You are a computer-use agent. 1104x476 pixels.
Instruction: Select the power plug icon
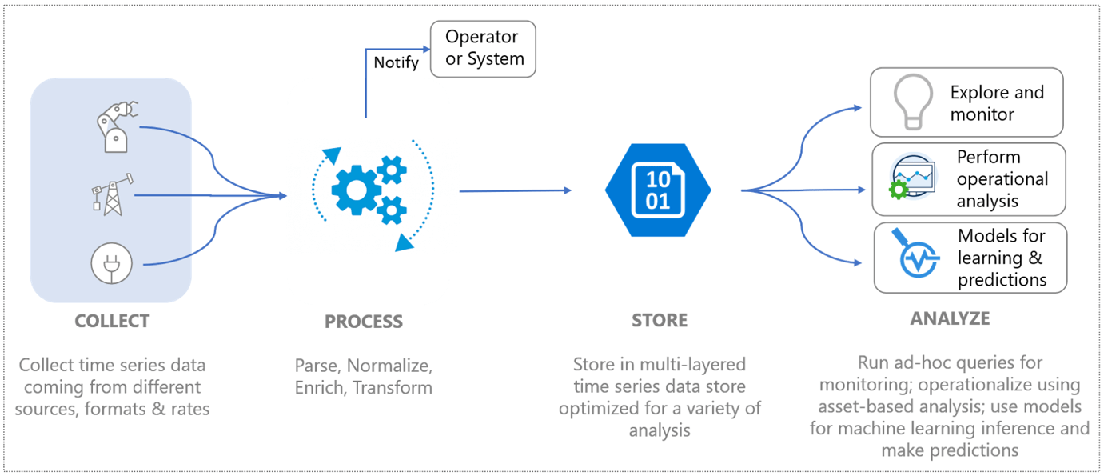coord(112,262)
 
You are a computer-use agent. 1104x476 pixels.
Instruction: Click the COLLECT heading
coord(112,321)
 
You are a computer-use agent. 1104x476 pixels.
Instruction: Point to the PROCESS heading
coord(364,322)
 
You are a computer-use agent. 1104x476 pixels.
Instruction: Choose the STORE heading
coord(660,321)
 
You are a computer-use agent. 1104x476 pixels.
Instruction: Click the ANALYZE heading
coord(950,318)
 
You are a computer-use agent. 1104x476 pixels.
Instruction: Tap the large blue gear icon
coord(354,190)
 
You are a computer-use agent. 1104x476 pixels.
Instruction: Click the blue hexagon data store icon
coord(658,190)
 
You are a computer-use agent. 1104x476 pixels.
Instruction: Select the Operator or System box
coord(483,49)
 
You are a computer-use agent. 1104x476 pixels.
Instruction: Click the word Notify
coord(396,62)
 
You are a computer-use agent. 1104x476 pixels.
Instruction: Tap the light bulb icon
coord(913,102)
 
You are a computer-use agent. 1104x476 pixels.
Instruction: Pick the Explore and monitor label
coord(997,103)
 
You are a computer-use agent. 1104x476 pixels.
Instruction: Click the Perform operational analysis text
coord(1002,178)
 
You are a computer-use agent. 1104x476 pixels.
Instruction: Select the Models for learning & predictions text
coord(1002,258)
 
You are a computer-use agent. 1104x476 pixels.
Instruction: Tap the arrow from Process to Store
coord(515,190)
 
